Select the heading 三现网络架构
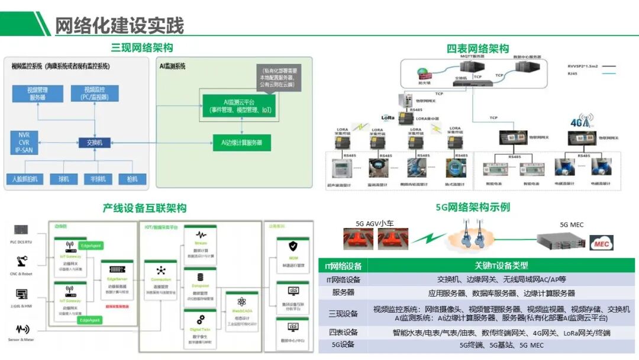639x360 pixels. [x=142, y=48]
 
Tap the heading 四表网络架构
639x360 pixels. [x=477, y=49]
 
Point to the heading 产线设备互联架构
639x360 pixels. [x=144, y=208]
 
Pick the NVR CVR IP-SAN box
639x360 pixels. [x=24, y=143]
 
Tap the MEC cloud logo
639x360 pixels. [x=602, y=243]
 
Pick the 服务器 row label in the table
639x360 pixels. [x=343, y=293]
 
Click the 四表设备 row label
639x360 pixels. [x=343, y=332]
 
